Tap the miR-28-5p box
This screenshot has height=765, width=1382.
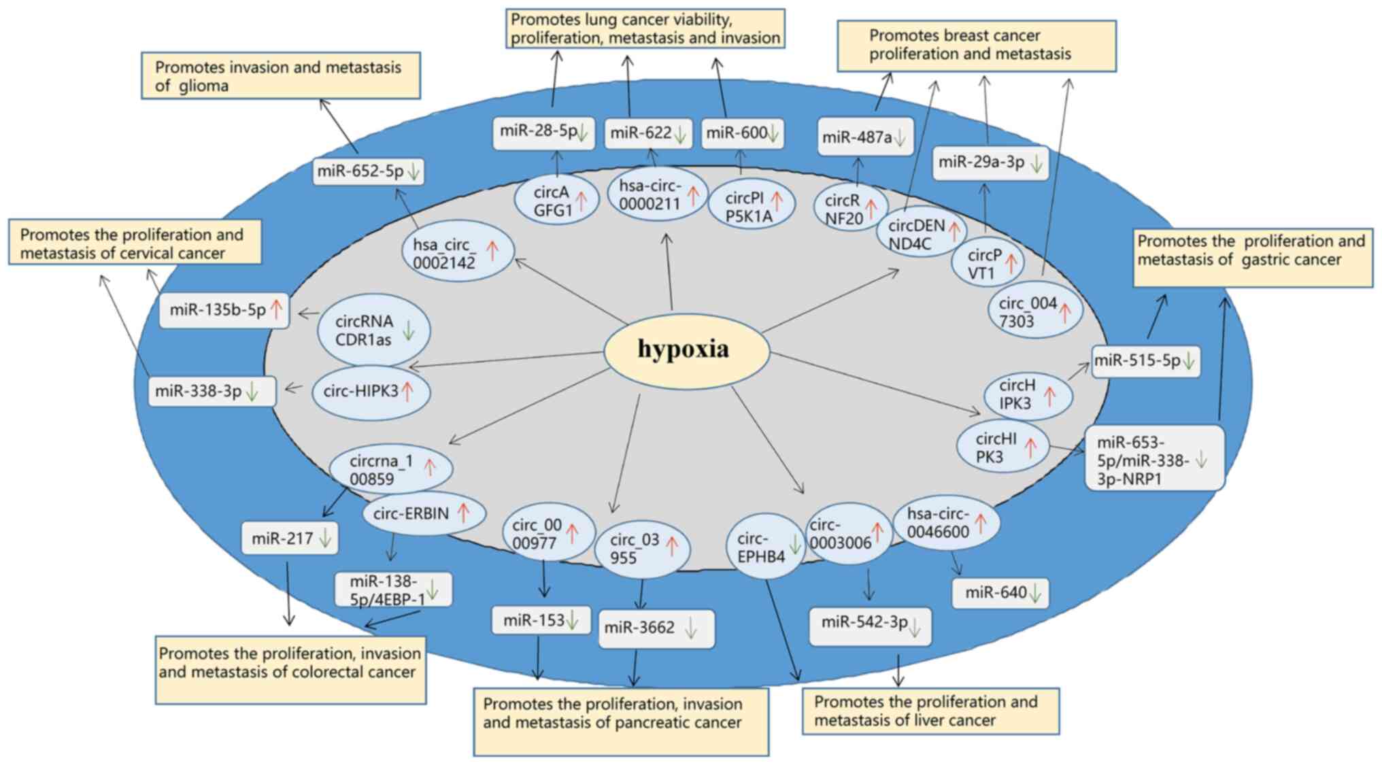click(x=543, y=132)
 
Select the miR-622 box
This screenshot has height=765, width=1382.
click(x=648, y=133)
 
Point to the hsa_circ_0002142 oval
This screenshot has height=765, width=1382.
click(x=457, y=252)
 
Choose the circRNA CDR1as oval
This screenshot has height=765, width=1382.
click(x=373, y=330)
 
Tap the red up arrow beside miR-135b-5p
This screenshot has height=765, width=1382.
click(x=276, y=309)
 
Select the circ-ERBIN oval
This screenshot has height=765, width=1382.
click(x=424, y=513)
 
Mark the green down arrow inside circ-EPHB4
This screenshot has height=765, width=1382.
click(x=794, y=545)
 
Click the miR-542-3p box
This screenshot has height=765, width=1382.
click(x=870, y=625)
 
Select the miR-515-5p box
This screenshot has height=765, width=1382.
click(x=1145, y=361)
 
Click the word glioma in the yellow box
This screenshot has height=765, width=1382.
click(x=201, y=86)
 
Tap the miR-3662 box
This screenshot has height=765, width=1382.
click(x=656, y=628)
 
